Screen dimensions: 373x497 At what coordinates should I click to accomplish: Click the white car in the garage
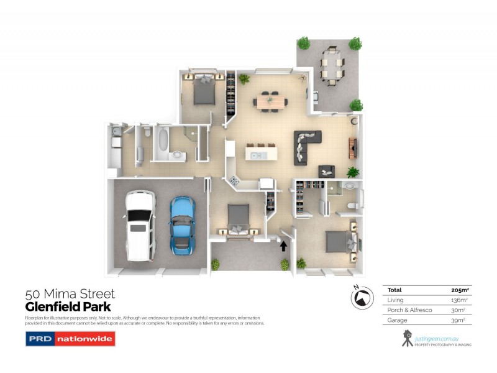(139, 226)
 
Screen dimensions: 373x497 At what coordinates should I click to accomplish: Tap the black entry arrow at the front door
(283, 246)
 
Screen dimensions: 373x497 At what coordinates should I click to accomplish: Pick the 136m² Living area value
(458, 300)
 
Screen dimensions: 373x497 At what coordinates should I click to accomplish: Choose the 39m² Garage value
(460, 320)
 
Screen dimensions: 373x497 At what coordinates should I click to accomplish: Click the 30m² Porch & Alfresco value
(459, 310)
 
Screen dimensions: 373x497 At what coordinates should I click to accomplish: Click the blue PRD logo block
(39, 339)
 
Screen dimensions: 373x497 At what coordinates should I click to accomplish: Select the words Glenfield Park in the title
(68, 306)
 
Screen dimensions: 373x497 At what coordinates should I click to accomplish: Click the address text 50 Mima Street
(70, 293)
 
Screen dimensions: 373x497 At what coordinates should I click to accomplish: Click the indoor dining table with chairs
(271, 101)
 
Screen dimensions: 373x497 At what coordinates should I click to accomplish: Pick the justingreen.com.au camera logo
(407, 338)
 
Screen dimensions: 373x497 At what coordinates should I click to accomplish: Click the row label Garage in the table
(396, 320)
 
